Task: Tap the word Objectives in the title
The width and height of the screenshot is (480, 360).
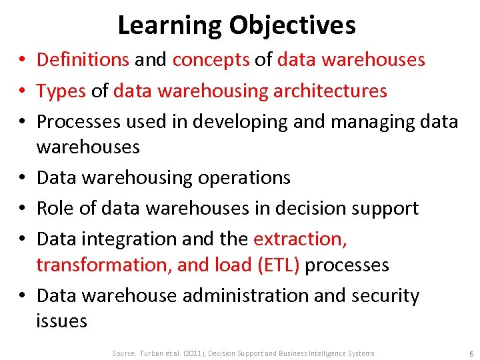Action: [293, 25]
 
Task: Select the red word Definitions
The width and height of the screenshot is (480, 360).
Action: [83, 60]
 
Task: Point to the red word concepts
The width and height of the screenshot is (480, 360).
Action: [211, 60]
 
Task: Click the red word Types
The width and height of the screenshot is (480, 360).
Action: [61, 90]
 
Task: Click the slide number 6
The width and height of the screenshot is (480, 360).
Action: [471, 353]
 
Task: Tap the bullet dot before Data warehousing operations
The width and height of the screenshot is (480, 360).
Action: [23, 177]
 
